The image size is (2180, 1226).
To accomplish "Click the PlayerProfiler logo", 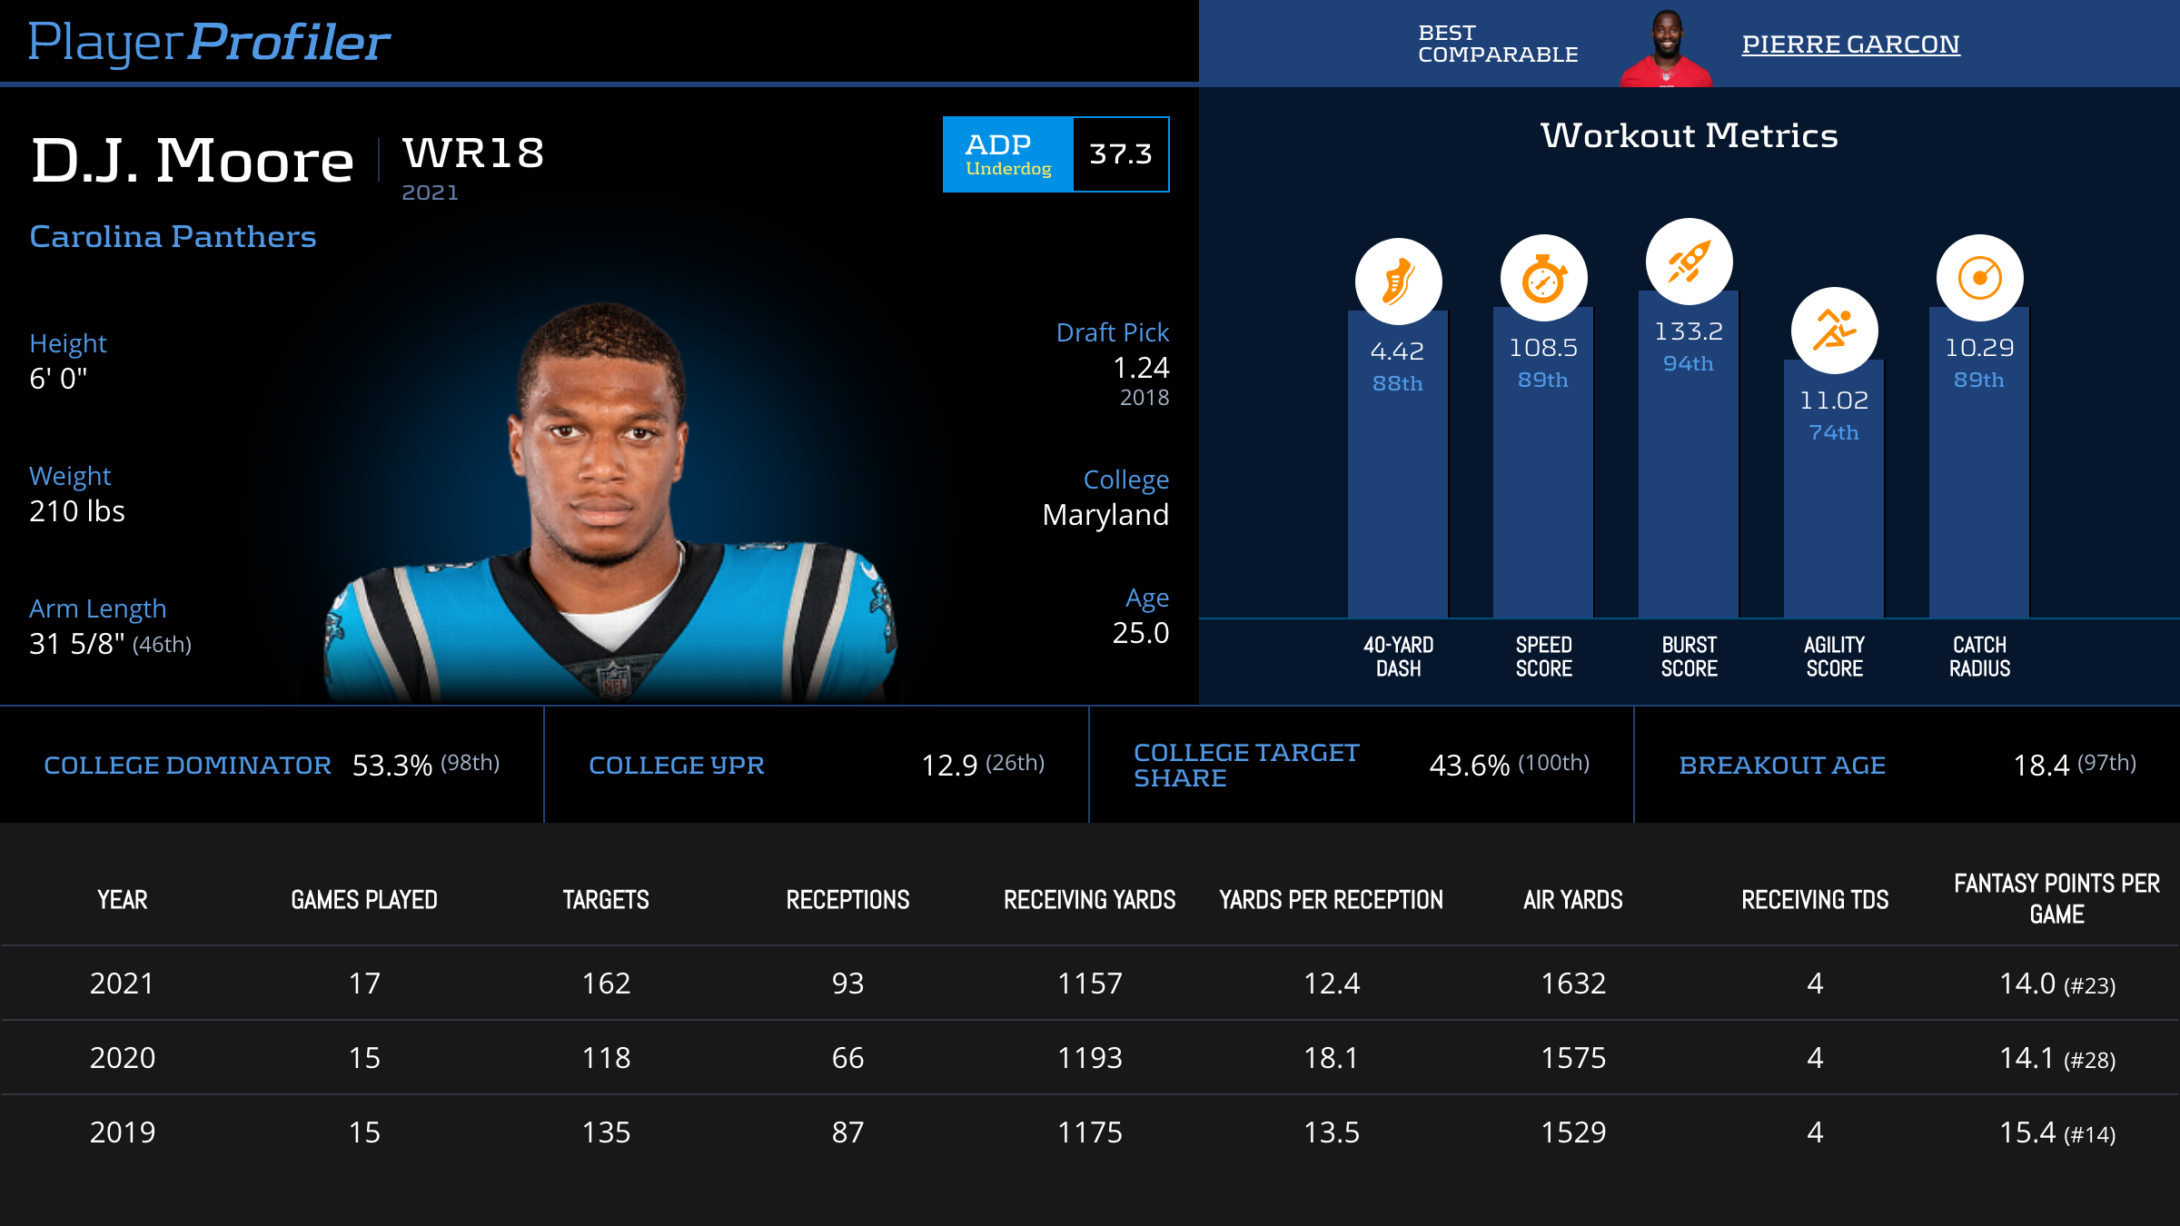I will coord(209,42).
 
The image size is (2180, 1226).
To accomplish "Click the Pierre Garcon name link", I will coord(1850,44).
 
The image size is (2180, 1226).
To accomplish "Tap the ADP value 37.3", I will coord(1121,154).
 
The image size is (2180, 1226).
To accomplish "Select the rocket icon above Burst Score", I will coord(1689,262).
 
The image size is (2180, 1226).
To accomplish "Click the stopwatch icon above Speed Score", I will coord(1543,278).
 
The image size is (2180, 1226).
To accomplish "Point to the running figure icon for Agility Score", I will coord(1834,330).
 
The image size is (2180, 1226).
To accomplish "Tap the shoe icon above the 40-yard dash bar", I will coord(1398,282).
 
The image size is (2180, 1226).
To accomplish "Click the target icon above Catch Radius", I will coord(1979,278).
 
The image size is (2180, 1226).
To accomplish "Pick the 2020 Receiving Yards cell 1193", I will coord(1089,1058).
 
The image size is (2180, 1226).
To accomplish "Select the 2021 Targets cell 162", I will coord(606,984).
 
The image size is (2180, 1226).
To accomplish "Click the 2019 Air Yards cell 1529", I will coord(1573,1132).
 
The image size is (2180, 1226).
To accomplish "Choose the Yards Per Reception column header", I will coord(1331,900).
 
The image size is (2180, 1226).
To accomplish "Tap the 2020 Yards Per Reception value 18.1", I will coord(1331,1058).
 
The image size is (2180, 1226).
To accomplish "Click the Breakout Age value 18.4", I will coord(2041,766).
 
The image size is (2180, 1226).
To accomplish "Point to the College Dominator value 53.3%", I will coord(391,766).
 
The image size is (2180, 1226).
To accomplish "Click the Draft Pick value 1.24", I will coord(1141,368).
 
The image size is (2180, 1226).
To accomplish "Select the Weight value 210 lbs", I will coord(77,511).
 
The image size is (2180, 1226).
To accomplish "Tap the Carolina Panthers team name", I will coord(173,236).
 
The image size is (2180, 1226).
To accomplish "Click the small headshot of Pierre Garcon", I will coord(1666,47).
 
